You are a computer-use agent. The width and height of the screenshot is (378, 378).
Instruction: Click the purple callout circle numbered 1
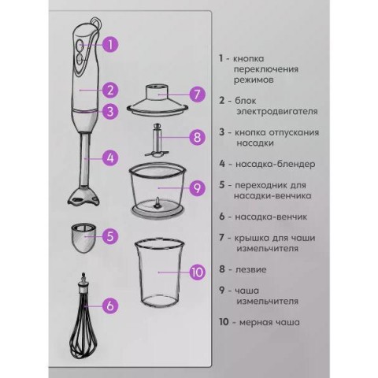110,44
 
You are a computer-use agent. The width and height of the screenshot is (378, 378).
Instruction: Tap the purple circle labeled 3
110,111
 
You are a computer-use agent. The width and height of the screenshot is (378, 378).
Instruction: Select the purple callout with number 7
197,94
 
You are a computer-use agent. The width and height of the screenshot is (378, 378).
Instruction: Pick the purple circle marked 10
198,272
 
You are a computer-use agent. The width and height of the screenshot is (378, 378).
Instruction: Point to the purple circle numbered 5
110,236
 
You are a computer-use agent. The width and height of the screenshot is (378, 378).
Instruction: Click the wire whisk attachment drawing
83,316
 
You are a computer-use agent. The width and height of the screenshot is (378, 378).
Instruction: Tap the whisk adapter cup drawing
83,238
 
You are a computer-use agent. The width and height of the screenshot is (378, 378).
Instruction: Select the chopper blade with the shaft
157,140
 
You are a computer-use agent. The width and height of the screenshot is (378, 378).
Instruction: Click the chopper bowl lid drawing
157,100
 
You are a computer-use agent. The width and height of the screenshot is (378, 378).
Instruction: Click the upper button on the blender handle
80,45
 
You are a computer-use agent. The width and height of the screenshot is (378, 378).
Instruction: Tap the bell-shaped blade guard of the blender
83,195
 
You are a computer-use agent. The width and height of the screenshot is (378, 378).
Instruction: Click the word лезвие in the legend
250,269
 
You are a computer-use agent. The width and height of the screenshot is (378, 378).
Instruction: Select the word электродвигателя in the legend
277,111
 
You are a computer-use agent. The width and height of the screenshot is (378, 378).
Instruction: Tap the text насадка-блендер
276,164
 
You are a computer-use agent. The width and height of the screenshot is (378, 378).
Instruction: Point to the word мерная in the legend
255,322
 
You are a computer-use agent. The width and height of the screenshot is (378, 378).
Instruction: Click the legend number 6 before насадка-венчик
222,217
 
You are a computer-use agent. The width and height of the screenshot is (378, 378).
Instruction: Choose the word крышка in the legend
251,239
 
